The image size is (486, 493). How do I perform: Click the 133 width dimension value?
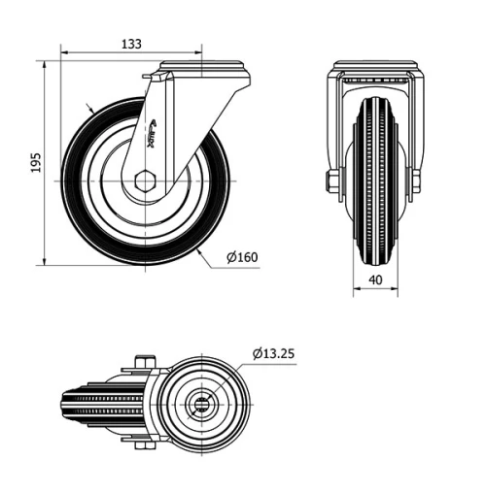[x=130, y=44]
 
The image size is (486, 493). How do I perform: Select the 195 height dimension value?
[x=35, y=163]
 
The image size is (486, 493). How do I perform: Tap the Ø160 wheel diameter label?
[x=242, y=257]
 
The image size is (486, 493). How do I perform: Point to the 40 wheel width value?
[x=373, y=280]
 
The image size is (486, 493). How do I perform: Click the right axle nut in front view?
[x=416, y=181]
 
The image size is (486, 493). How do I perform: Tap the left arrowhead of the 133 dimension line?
[x=63, y=52]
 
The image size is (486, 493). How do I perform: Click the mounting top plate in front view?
[x=373, y=67]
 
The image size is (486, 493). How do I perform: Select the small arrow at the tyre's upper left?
[x=89, y=110]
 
